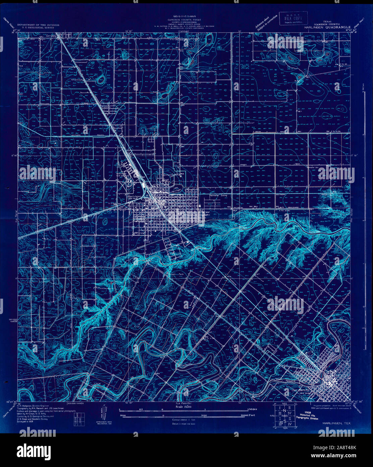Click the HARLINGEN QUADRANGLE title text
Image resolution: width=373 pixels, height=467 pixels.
coord(329,27)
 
